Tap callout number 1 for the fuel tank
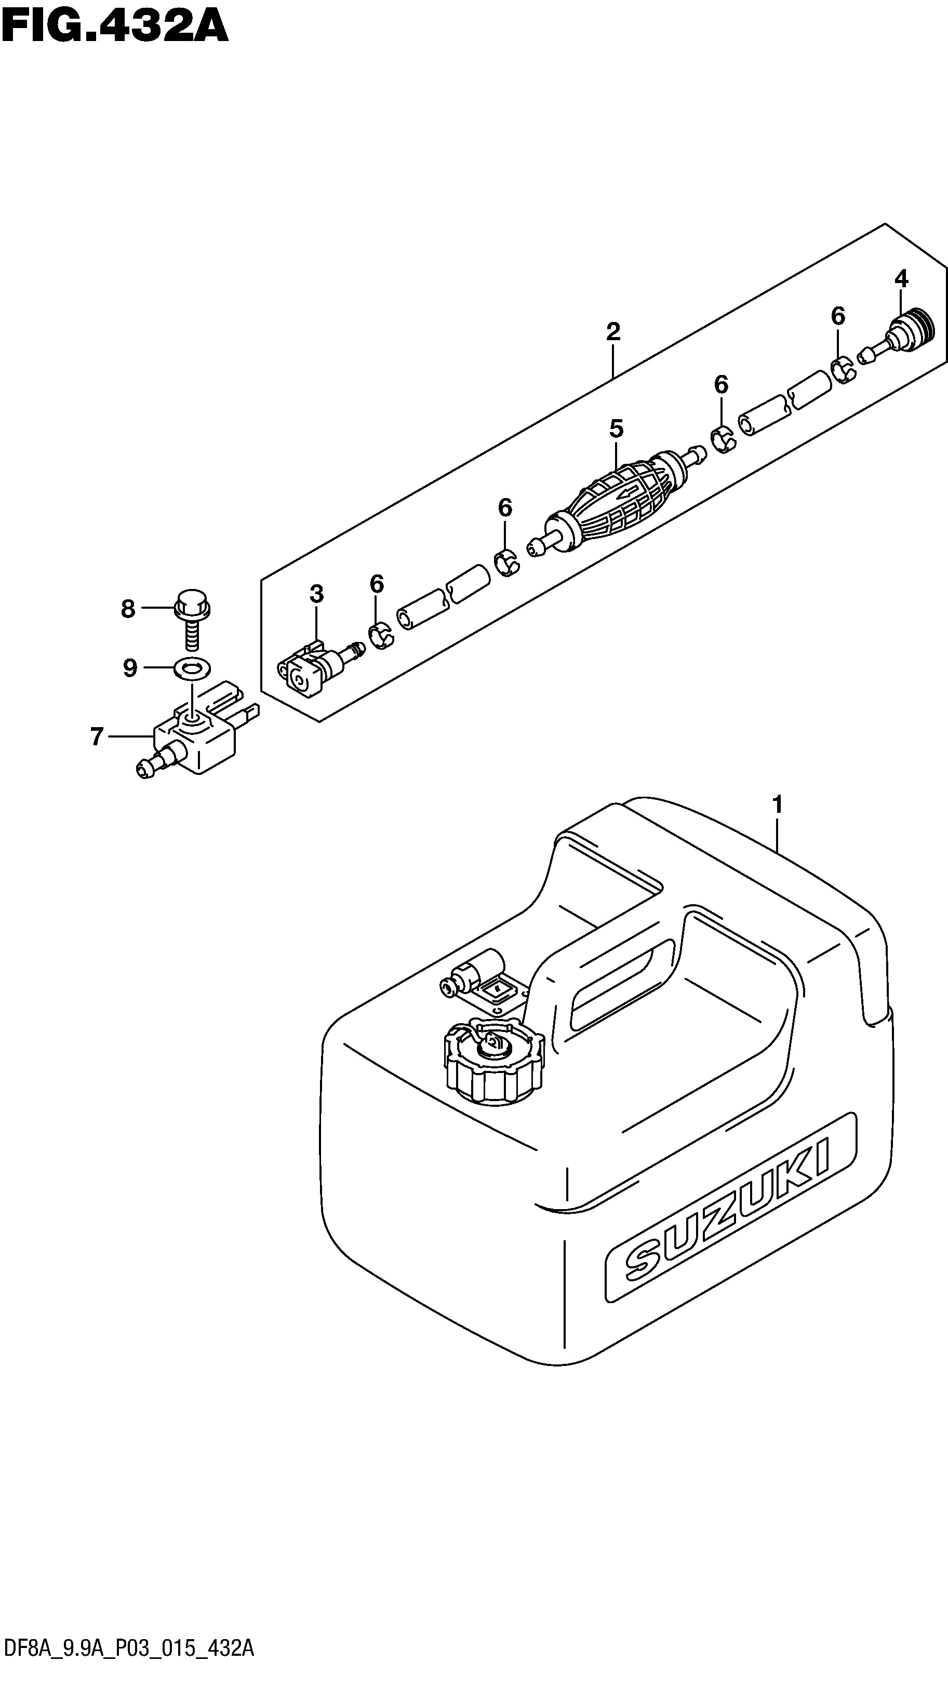777,805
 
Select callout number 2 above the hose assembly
613,332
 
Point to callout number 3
316,595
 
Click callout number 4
901,279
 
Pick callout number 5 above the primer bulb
616,430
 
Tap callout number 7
97,736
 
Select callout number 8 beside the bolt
128,609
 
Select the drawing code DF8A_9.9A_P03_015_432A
127,1681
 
